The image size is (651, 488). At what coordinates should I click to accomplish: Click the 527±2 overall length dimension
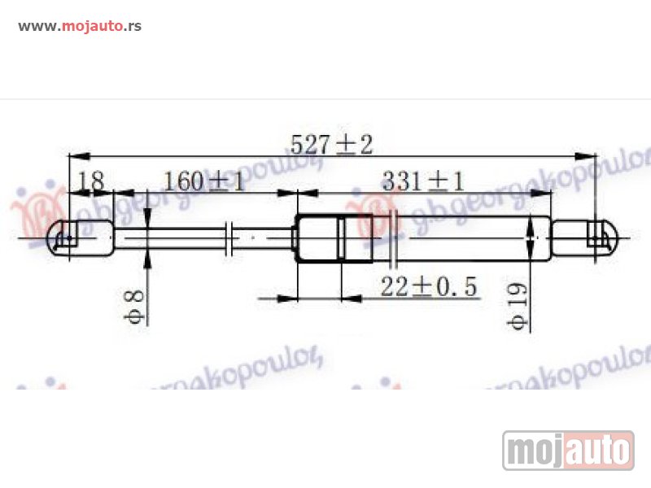[331, 145]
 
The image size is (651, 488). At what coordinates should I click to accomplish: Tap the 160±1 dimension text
[203, 181]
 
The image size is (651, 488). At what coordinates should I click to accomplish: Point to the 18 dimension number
[91, 181]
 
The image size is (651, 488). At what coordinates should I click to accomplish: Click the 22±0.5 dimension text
[429, 286]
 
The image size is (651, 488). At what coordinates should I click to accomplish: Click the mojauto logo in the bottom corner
[568, 450]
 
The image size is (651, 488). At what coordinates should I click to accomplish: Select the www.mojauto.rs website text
[80, 25]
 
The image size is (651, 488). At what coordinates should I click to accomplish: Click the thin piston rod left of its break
[171, 237]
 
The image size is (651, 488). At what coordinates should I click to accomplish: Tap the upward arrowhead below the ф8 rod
[148, 259]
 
